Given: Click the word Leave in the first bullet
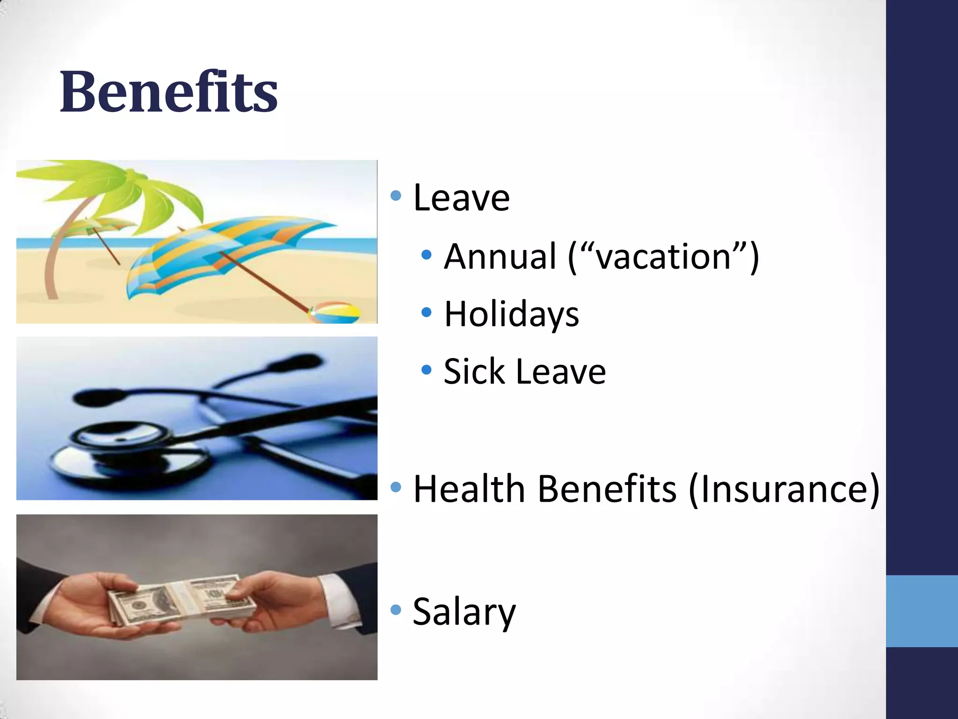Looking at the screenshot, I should click(461, 198).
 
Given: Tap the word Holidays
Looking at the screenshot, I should click(511, 314).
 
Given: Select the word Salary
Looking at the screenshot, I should click(464, 612).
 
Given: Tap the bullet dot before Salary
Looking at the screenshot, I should click(396, 609).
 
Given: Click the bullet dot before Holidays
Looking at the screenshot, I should click(426, 312).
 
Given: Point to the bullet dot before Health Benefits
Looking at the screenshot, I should click(396, 487).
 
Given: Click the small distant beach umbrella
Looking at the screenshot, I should click(96, 226).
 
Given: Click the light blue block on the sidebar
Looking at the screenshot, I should click(922, 611).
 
